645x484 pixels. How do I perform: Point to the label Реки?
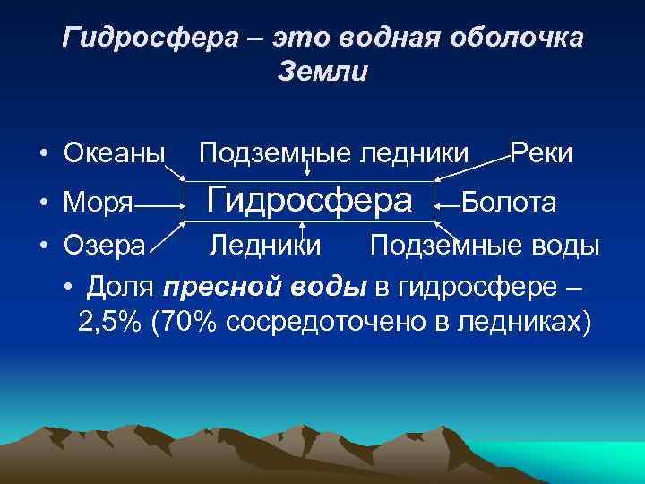(x=541, y=153)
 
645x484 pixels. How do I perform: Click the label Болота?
(x=508, y=203)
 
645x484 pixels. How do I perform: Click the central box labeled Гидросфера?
(x=309, y=200)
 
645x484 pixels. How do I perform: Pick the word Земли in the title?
(x=322, y=71)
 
